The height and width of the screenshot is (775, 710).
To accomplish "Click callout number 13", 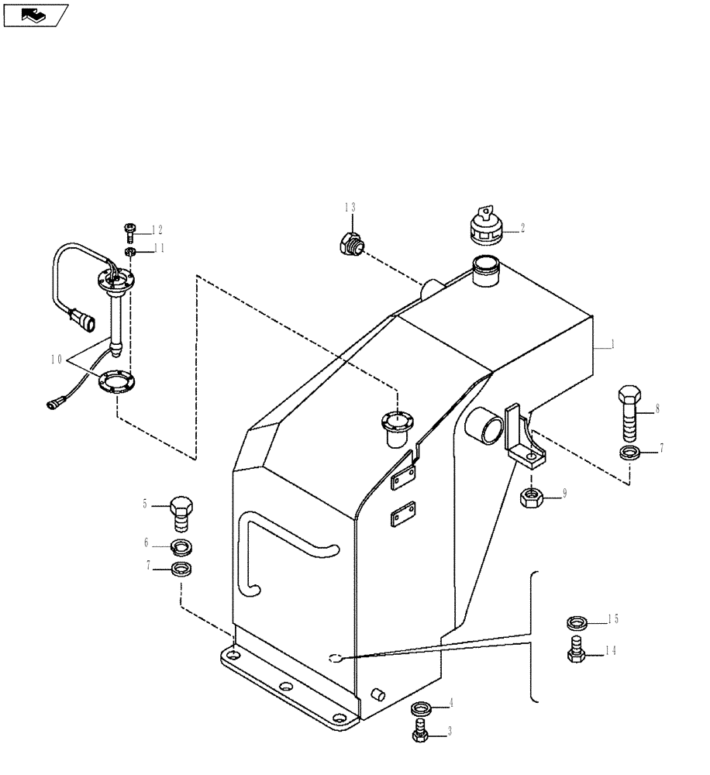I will (x=350, y=207).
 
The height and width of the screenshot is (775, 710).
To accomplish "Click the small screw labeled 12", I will (x=130, y=229).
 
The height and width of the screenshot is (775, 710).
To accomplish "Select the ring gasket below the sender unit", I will (x=115, y=382).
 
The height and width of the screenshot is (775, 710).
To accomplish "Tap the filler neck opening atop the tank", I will (x=485, y=270).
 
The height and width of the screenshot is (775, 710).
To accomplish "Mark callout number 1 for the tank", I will (x=612, y=346).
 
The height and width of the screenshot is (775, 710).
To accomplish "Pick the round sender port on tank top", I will (x=397, y=422).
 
